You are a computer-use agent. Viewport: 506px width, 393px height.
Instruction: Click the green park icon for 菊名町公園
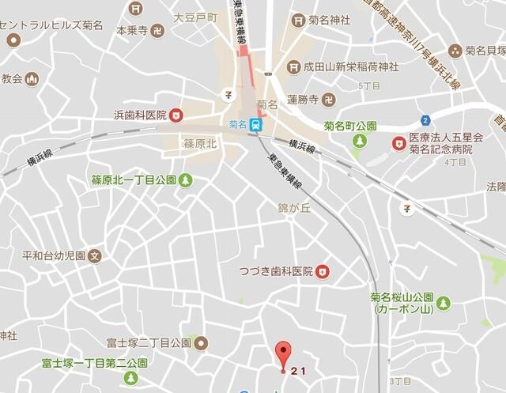[x=360, y=141]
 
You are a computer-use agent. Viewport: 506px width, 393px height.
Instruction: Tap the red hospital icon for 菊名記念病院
[x=398, y=142]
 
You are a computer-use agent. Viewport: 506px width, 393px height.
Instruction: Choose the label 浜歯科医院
[x=140, y=115]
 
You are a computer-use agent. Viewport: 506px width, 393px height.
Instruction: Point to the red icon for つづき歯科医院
[x=322, y=272]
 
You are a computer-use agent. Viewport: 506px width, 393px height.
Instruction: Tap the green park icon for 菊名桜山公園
[x=443, y=303]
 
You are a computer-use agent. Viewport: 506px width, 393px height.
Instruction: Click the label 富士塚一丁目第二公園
[x=94, y=365]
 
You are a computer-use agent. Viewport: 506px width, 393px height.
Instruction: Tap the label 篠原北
[x=200, y=145]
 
